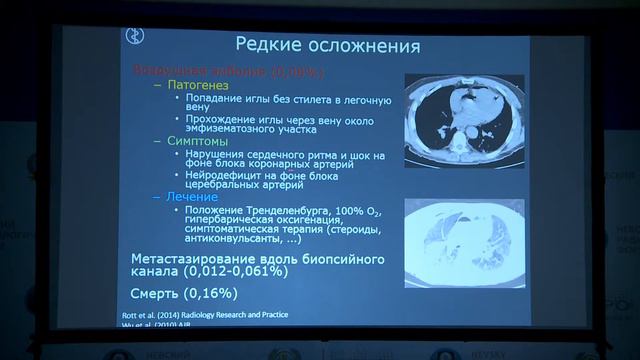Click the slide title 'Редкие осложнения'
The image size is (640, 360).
(327, 46)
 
